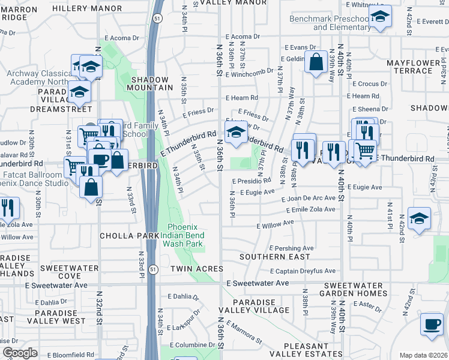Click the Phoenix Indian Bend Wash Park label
185,236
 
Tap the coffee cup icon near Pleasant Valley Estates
431,323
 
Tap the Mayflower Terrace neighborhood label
413,67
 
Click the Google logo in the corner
20,353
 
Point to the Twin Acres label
196,269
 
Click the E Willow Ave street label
275,225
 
